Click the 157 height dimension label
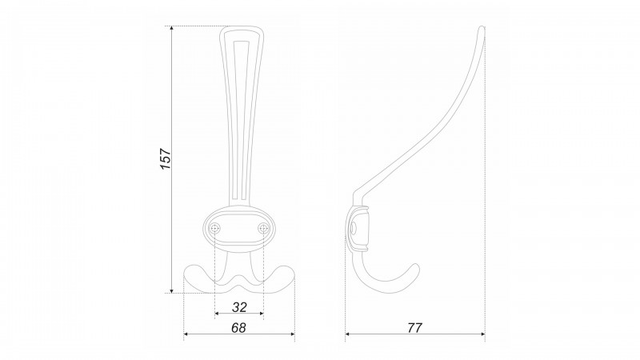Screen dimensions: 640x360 click(x=166, y=158)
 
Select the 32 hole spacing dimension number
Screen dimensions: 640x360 click(x=239, y=307)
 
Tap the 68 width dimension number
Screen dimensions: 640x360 click(x=238, y=328)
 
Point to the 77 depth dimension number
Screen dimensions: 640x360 click(x=414, y=328)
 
